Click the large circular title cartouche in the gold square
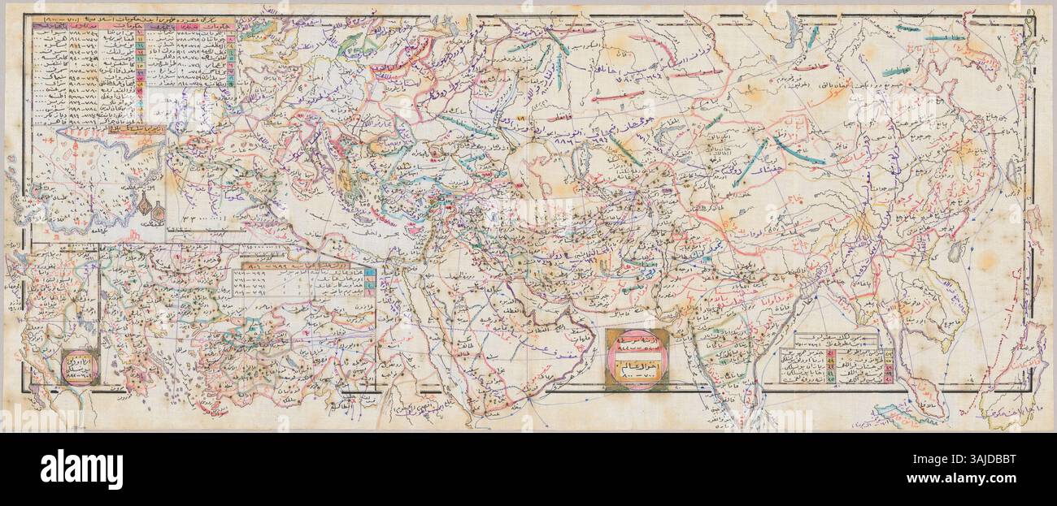click(637, 360)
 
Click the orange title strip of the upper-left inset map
click(138, 129)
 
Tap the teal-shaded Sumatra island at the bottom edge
click(903, 414)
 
